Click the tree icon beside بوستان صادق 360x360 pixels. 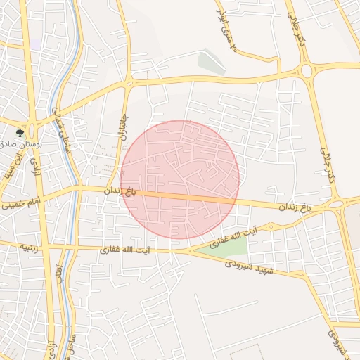click(20, 131)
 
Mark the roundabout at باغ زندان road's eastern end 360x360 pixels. click(337, 205)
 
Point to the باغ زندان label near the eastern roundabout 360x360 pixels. click(295, 207)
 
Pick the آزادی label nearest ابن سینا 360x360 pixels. click(32, 165)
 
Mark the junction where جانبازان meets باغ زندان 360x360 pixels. click(112, 189)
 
